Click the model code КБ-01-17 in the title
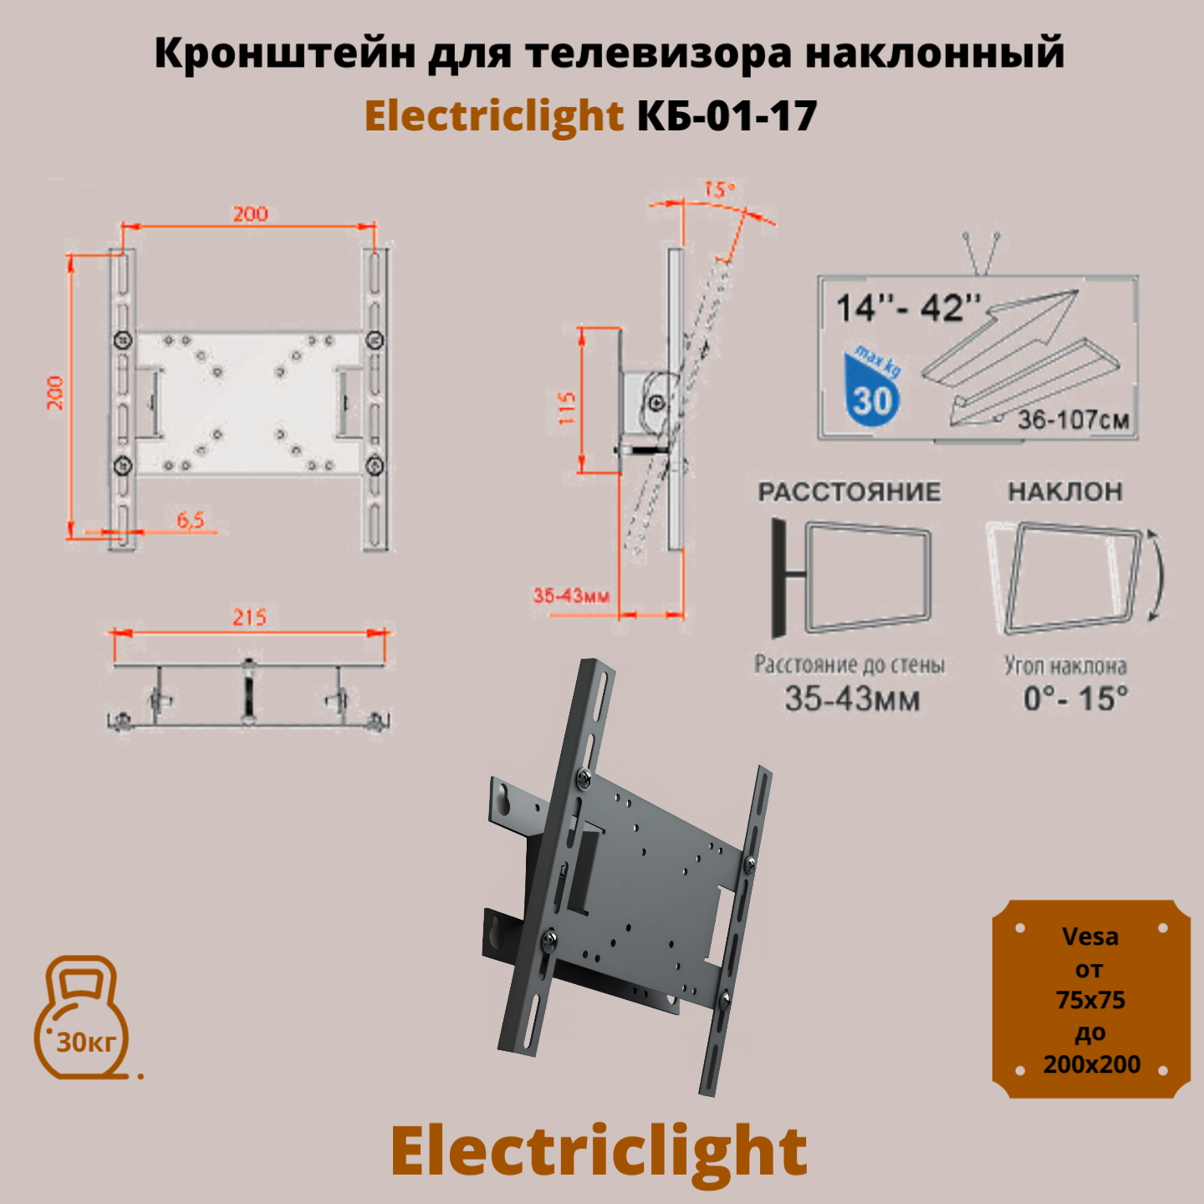pos(727,115)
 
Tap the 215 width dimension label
pos(249,617)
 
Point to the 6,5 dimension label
pos(191,520)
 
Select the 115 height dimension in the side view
pos(568,407)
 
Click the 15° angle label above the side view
pos(718,190)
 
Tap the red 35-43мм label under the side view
pos(572,596)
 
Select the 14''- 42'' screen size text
pos(908,309)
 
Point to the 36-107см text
pos(1074,420)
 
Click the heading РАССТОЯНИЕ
pos(849,492)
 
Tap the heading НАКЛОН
pos(1065,492)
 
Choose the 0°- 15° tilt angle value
pos(1076,698)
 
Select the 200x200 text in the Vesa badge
pos(1091,1064)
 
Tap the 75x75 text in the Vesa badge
pos(1090,1000)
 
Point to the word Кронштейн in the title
pos(284,54)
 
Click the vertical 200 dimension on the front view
pos(55,392)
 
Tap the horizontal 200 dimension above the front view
pos(250,214)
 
